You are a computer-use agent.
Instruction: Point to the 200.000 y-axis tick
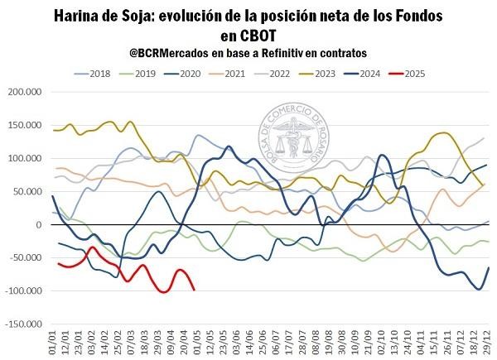[x=25, y=92]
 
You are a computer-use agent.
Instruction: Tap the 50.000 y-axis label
[x=27, y=191]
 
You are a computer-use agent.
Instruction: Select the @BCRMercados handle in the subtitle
[x=174, y=52]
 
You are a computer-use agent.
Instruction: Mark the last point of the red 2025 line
[x=194, y=290]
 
